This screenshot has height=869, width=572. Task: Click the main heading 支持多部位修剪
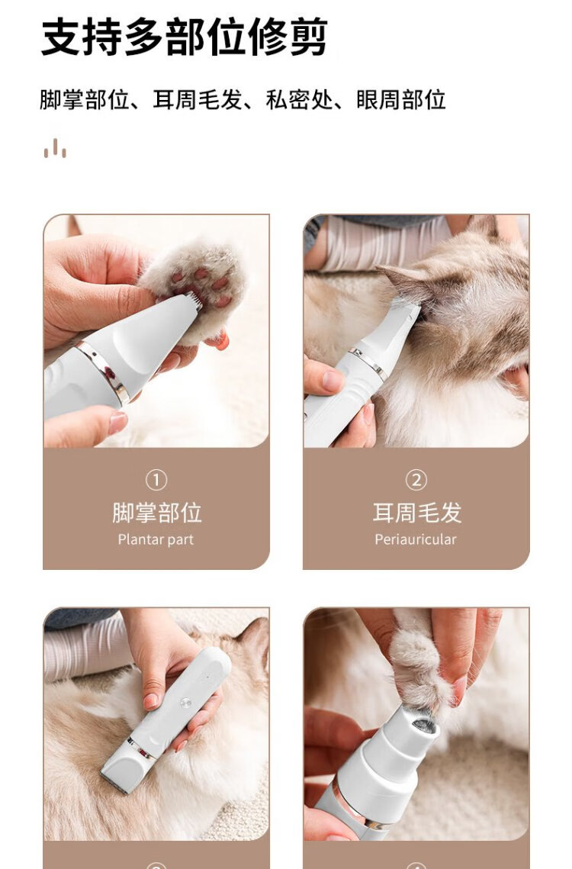pos(185,37)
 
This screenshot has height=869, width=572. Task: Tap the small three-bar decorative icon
pos(55,149)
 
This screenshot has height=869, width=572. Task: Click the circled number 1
pos(156,480)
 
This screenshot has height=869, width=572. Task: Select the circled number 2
pos(416,480)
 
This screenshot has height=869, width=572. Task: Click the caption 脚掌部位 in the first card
pos(157,513)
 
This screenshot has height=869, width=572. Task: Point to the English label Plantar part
pos(156,539)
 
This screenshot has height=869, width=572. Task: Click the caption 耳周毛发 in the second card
pos(417,513)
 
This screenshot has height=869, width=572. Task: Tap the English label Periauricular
pos(416,539)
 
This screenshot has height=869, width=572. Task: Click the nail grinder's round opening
pos(423,726)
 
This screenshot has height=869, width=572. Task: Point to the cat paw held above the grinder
pos(421,665)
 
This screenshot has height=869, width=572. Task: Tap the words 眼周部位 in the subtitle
pos(401,100)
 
